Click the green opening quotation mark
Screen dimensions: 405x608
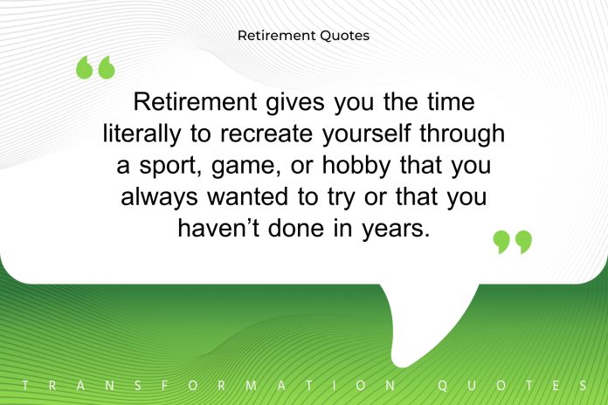[95, 67]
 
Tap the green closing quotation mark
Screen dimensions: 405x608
[512, 242]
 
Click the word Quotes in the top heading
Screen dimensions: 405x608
[345, 36]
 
